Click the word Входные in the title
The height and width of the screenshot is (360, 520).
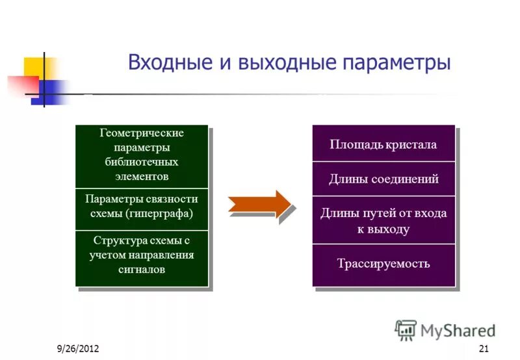(164, 63)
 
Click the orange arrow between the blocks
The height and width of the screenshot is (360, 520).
(261, 204)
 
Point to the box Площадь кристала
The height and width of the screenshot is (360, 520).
(383, 144)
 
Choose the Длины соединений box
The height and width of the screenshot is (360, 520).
(383, 179)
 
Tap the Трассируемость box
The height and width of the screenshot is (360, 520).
(383, 264)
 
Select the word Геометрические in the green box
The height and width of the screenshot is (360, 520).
(142, 133)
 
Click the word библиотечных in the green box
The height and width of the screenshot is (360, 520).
(142, 162)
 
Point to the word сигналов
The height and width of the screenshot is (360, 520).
(142, 269)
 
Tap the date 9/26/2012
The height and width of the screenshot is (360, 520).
(77, 350)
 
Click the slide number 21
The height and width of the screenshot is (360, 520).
(483, 350)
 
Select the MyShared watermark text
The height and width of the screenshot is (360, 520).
(458, 330)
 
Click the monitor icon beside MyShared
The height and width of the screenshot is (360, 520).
(406, 330)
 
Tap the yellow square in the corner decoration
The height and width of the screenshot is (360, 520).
(36, 68)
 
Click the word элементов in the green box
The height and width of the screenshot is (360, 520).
(142, 176)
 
